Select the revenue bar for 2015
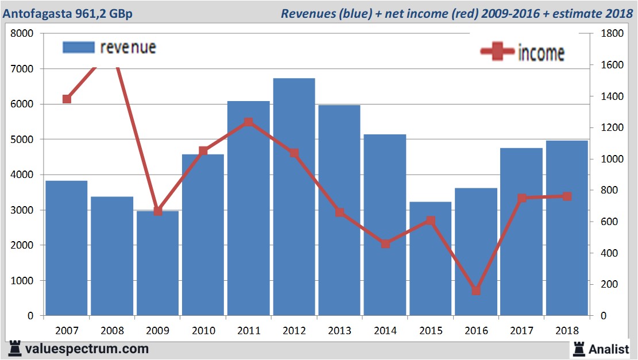coord(431,258)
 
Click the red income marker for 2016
coord(476,291)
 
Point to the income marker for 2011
coord(249,122)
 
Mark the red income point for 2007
coord(67,99)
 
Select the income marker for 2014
coord(385,243)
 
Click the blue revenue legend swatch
coord(78,47)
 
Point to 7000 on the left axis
coord(22,69)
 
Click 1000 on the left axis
coord(22,281)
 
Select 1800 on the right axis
coord(606,34)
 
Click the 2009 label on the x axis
coord(158,331)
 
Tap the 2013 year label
coord(339,331)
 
